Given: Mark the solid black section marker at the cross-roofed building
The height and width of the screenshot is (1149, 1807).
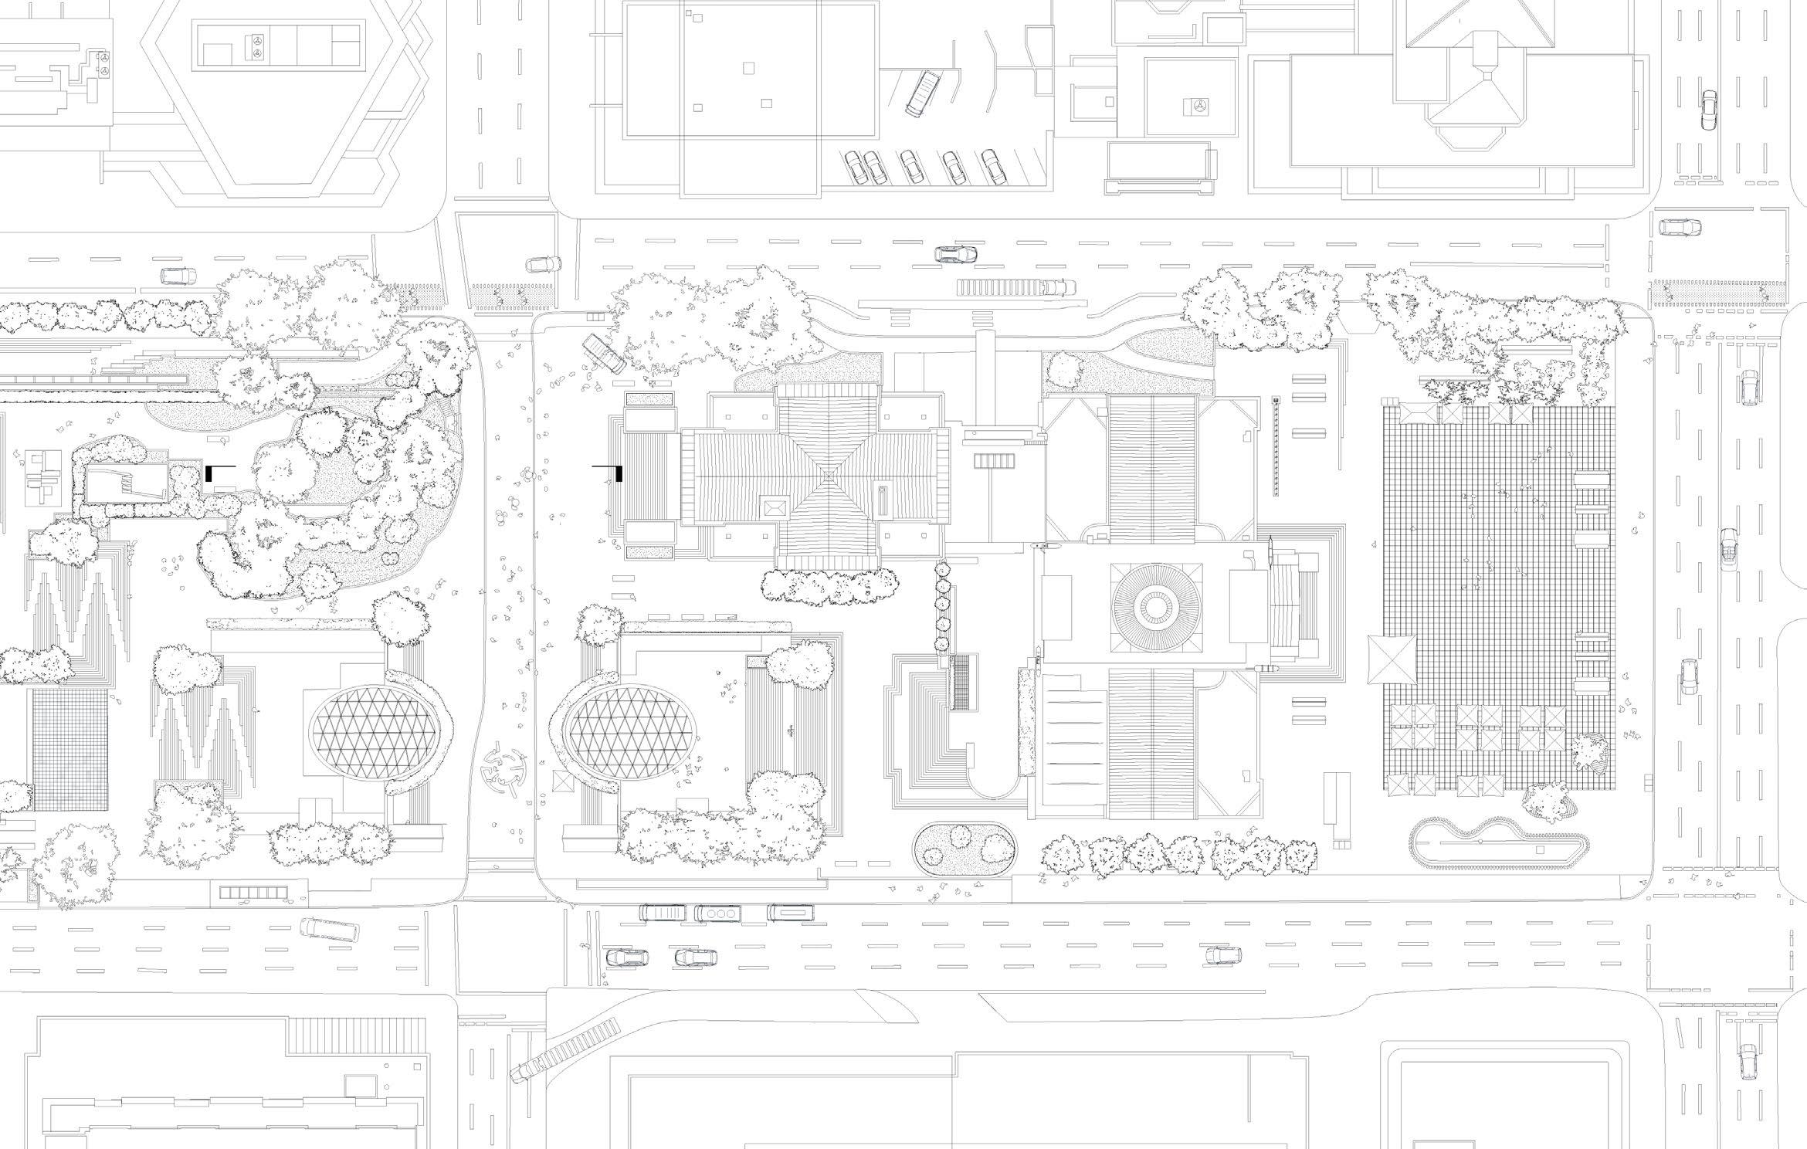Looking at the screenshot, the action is (x=619, y=475).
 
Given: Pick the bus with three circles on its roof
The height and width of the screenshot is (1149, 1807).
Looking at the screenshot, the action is (x=718, y=913).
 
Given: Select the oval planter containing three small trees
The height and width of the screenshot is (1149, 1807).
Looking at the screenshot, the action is (x=964, y=849).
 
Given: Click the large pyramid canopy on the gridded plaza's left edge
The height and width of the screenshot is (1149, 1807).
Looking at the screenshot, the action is (x=1392, y=659).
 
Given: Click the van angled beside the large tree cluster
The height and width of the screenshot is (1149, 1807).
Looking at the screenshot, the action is (x=603, y=354).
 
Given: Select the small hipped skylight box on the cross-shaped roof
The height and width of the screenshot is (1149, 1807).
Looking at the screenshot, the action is (x=775, y=507).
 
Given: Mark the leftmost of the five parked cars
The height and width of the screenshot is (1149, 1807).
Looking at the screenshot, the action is (x=855, y=168).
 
